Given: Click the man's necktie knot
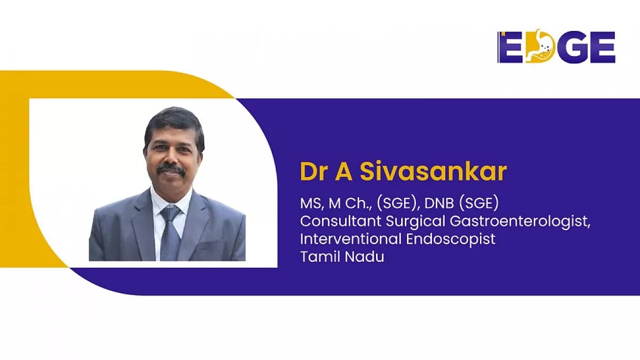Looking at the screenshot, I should [171, 213].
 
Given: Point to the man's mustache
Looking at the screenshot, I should [171, 170].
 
